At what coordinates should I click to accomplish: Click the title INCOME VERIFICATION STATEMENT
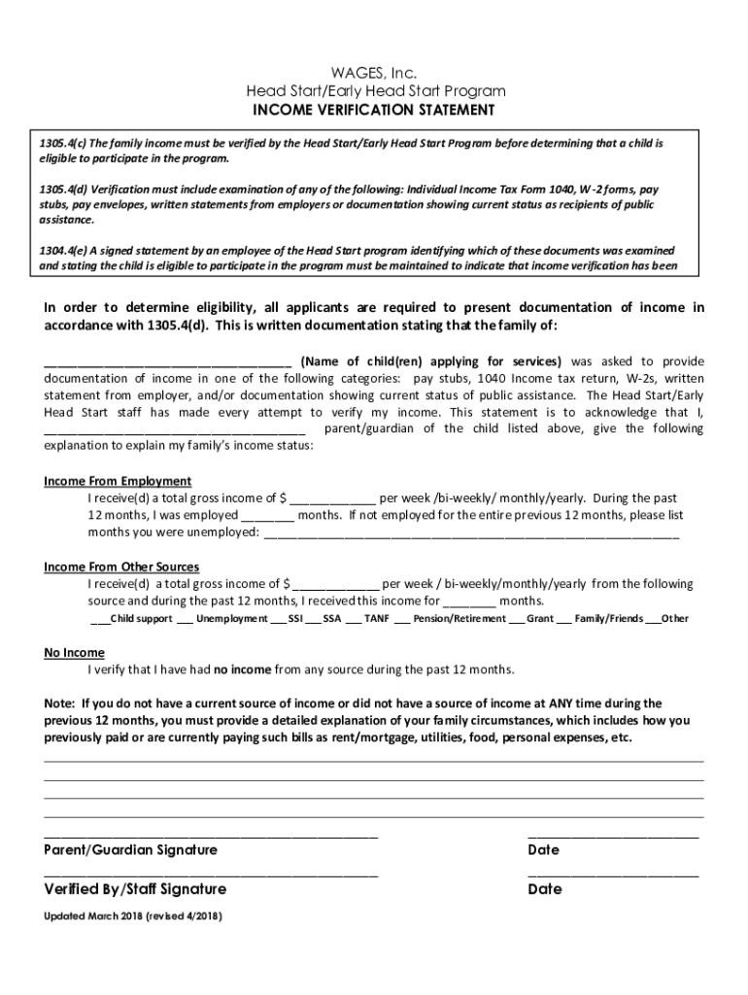[374, 110]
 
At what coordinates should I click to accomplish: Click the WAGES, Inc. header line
[374, 73]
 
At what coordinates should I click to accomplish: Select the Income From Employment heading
[118, 481]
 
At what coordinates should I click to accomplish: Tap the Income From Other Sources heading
[121, 566]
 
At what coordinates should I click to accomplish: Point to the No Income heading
[74, 652]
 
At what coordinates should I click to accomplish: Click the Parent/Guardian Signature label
[131, 850]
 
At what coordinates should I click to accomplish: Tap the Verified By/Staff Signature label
[135, 889]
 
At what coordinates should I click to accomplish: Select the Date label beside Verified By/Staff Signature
[544, 889]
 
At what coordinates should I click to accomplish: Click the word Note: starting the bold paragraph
[60, 703]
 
